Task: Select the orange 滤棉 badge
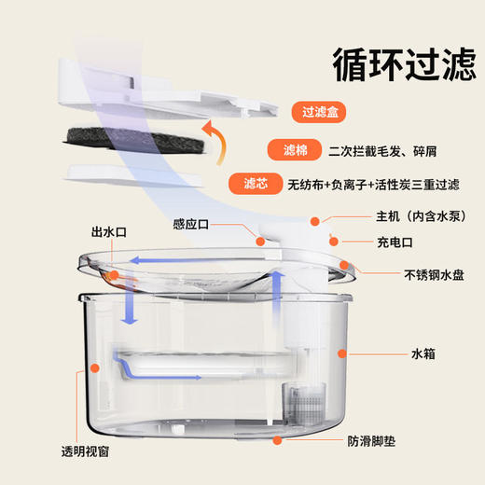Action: (x=290, y=149)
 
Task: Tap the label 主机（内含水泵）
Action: (x=411, y=221)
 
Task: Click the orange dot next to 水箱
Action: (x=342, y=353)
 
